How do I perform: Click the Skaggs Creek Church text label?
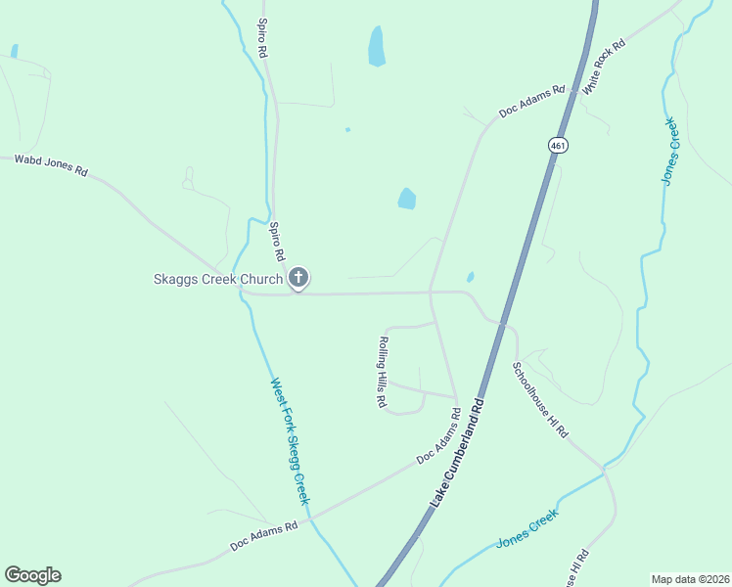pos(217,279)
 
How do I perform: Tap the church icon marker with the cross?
pos(299,279)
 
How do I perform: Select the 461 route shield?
pos(557,145)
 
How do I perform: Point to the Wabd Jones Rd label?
pos(51,165)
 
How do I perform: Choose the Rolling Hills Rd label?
pos(381,372)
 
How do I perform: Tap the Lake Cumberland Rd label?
pos(458,451)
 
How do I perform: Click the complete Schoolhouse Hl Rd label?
pos(540,399)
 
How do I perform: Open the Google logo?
pos(32,575)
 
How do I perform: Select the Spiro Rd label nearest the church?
pos(277,241)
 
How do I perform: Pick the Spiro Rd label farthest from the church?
pos(262,36)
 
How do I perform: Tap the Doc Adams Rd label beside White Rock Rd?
pos(532,101)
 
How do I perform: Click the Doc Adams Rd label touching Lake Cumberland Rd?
pos(438,436)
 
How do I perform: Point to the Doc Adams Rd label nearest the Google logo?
pos(264,535)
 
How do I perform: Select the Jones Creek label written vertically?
pos(669,152)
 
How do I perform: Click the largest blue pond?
pos(376,46)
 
